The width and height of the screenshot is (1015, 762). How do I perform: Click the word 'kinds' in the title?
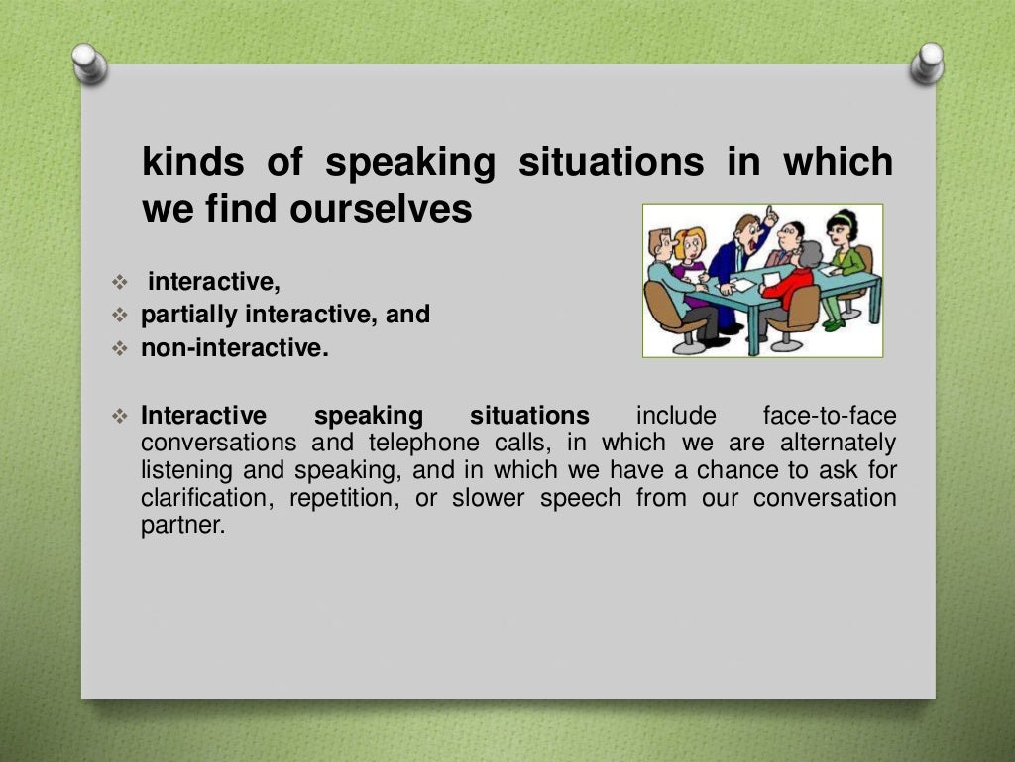(190, 162)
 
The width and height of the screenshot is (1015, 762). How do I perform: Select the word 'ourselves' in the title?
(381, 209)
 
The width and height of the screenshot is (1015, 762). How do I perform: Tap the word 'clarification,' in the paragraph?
(208, 498)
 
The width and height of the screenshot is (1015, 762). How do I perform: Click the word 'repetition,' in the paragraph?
(345, 498)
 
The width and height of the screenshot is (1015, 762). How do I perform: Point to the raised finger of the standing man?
(770, 213)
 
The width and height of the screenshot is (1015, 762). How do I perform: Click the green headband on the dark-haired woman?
(843, 217)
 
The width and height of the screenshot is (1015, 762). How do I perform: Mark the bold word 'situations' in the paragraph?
(529, 415)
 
